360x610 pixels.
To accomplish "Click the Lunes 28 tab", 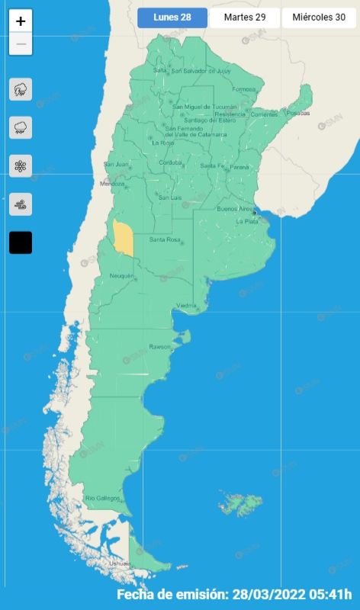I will pos(172,18).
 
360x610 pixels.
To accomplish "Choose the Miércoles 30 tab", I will pos(319,18).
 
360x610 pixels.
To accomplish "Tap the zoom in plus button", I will pos(21,21).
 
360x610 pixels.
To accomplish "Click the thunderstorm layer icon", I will pos(21,89).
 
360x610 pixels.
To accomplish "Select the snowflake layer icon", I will pos(21,165).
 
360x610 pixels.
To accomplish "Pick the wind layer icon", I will pos(21,204).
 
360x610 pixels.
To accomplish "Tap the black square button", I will pos(21,242).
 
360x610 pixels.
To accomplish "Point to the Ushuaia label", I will pos(119,563).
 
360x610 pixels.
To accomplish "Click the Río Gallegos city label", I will pos(102,498).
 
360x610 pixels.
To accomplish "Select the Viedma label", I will pos(187,306).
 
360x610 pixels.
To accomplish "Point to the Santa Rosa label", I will pos(164,240).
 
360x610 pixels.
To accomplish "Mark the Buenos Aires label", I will pos(233,208).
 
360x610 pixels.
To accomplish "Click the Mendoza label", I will pos(112,184).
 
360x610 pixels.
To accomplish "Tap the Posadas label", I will pos(299,113).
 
